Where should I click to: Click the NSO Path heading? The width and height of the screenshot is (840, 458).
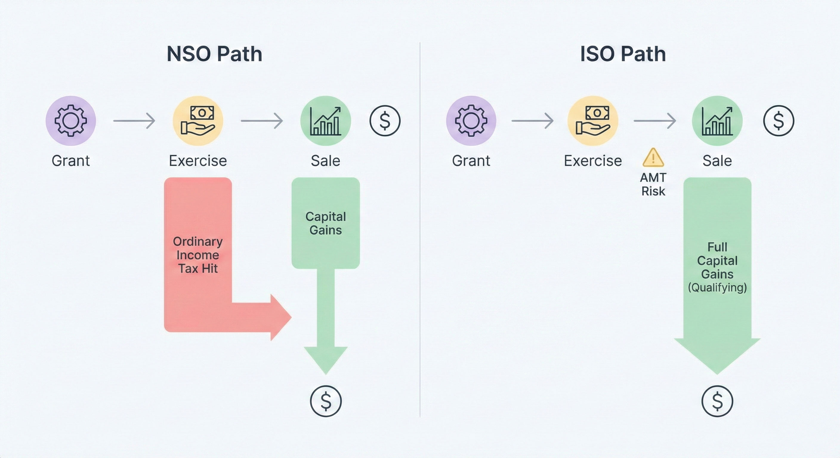214,54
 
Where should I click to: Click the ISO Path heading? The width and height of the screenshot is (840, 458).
623,54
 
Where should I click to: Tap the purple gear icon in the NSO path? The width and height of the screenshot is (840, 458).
70,120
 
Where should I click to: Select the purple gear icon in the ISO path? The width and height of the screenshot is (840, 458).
471,120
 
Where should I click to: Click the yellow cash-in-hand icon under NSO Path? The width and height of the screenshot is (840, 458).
198,120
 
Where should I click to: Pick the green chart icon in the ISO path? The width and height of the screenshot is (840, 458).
717,120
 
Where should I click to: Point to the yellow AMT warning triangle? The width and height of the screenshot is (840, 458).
653,158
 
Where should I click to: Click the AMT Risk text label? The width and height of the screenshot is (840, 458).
653,185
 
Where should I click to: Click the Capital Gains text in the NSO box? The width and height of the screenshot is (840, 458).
325,223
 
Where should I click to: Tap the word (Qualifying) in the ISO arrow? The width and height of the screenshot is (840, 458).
717,287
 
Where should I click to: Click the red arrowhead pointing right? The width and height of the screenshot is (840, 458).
280,317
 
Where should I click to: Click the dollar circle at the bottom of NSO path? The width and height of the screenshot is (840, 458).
325,401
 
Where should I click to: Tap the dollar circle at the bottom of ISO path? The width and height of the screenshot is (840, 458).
717,401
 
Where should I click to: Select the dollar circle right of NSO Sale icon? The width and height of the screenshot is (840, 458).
385,120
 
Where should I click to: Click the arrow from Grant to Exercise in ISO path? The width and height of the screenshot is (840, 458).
532,120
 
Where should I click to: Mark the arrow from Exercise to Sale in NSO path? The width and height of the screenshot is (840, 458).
262,120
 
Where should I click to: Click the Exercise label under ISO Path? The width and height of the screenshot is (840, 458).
593,161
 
